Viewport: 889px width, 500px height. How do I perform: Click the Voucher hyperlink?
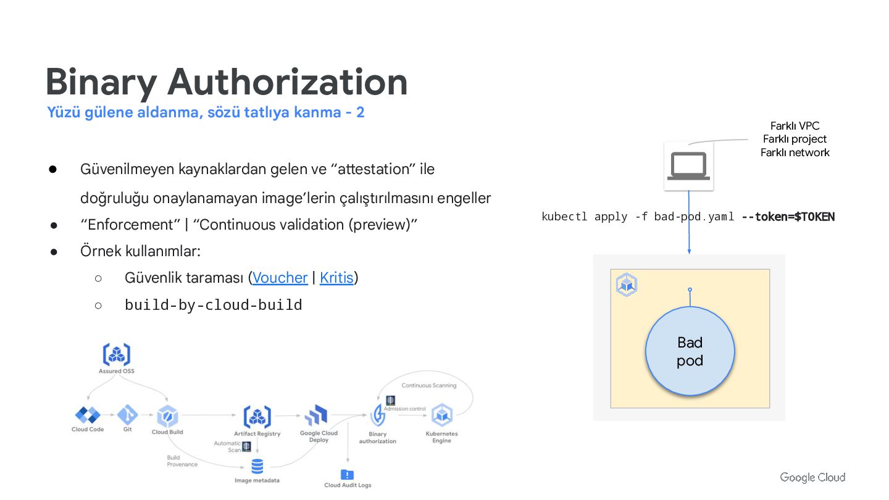pyautogui.click(x=280, y=278)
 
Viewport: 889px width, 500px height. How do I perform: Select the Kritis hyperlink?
pyautogui.click(x=336, y=278)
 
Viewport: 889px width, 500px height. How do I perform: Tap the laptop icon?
pyautogui.click(x=688, y=166)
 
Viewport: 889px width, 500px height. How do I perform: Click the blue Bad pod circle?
pyautogui.click(x=690, y=351)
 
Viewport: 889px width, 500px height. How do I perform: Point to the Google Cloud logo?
pyautogui.click(x=812, y=477)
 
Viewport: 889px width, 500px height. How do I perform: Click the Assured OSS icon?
pyautogui.click(x=116, y=355)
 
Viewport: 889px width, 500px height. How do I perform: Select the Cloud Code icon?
pyautogui.click(x=88, y=415)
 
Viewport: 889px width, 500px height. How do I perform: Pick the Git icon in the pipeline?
pyautogui.click(x=128, y=415)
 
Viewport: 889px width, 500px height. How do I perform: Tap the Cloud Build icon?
pyautogui.click(x=167, y=416)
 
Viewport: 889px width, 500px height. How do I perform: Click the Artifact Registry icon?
pyautogui.click(x=257, y=417)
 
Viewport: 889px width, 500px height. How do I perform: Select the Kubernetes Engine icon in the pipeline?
pyautogui.click(x=441, y=415)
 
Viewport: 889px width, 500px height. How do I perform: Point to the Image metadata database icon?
pyautogui.click(x=257, y=466)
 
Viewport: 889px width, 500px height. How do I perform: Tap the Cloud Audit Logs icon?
pyautogui.click(x=348, y=475)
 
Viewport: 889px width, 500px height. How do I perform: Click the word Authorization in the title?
pyautogui.click(x=287, y=82)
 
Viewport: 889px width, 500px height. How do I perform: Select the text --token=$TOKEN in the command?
pyautogui.click(x=788, y=217)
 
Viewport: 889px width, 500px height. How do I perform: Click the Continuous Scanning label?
pyautogui.click(x=429, y=385)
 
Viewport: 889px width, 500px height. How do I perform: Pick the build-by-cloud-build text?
pyautogui.click(x=213, y=305)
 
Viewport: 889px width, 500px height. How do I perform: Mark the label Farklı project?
pyautogui.click(x=795, y=139)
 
